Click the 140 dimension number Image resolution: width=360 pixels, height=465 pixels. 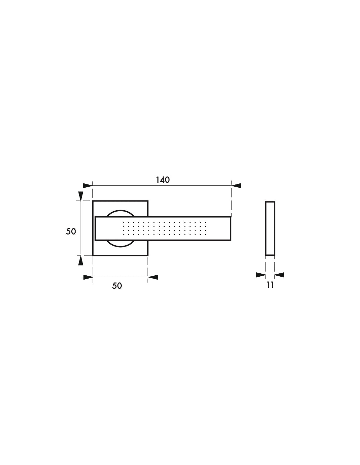[x=163, y=180]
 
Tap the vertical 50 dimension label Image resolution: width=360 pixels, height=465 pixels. [x=71, y=231]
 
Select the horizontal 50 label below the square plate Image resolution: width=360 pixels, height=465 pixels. [x=117, y=286]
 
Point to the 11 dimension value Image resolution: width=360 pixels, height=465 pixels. [x=270, y=285]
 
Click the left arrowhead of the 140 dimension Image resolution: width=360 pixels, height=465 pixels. [x=88, y=185]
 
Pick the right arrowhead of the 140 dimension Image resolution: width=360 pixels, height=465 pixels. [x=236, y=185]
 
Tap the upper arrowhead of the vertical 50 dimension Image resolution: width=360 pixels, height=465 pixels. [x=81, y=196]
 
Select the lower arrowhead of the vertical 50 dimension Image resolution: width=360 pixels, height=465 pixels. [x=81, y=260]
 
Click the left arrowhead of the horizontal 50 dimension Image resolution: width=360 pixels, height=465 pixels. [x=88, y=277]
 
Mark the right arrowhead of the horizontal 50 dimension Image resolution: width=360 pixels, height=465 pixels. [x=153, y=277]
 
